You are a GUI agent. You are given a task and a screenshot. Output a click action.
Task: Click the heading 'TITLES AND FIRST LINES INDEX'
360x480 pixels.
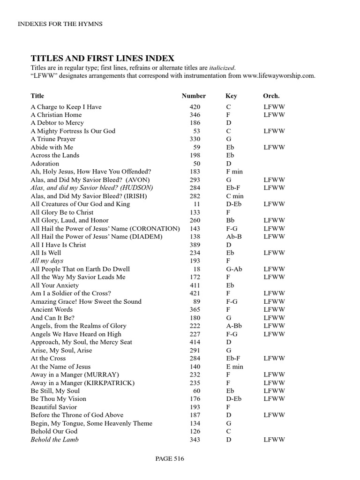pos(102,58)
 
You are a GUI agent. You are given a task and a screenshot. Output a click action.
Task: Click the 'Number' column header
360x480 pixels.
pos(194,96)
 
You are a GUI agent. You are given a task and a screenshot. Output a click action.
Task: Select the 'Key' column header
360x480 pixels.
pos(231,96)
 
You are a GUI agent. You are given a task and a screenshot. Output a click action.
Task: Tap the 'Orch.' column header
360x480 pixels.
pos(271,96)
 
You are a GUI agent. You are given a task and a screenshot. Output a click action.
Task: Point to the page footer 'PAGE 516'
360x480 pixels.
pos(170,459)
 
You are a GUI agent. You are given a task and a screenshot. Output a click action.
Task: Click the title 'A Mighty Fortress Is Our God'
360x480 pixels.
pos(73,131)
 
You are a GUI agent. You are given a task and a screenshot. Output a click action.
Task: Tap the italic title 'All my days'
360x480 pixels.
pos(47,261)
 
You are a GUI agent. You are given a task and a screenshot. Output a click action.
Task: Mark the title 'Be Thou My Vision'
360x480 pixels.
pos(59,399)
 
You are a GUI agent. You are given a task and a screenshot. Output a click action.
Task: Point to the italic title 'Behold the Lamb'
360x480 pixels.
pos(54,439)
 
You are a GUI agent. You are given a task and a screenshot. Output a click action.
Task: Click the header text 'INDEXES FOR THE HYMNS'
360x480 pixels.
pos(59,24)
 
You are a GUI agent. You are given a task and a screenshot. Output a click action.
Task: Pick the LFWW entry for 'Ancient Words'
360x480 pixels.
pos(274,309)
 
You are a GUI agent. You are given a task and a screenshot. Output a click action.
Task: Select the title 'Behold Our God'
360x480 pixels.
pos(54,431)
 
